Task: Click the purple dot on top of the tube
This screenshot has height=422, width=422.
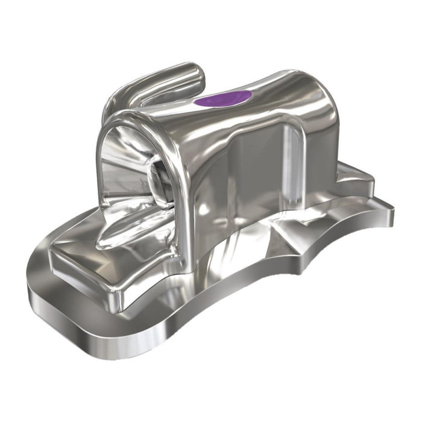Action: pyautogui.click(x=224, y=98)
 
